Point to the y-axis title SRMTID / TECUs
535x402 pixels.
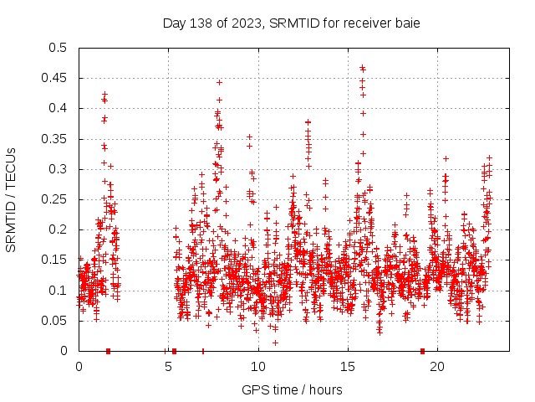click(x=11, y=199)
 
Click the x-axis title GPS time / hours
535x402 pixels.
click(x=291, y=389)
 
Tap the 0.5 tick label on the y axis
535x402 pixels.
click(x=57, y=48)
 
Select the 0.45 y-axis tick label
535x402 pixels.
click(x=53, y=78)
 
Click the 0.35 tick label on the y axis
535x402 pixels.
click(x=53, y=139)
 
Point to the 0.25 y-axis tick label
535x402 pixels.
click(x=53, y=199)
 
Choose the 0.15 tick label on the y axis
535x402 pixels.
click(x=53, y=260)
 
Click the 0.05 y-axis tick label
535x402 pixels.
click(x=53, y=321)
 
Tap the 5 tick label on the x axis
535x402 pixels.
click(x=168, y=366)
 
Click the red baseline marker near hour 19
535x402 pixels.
click(x=422, y=351)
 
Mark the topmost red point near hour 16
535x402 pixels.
click(x=362, y=68)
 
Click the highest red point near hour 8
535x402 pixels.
click(x=219, y=82)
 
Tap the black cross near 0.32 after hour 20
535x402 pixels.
click(x=446, y=158)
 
